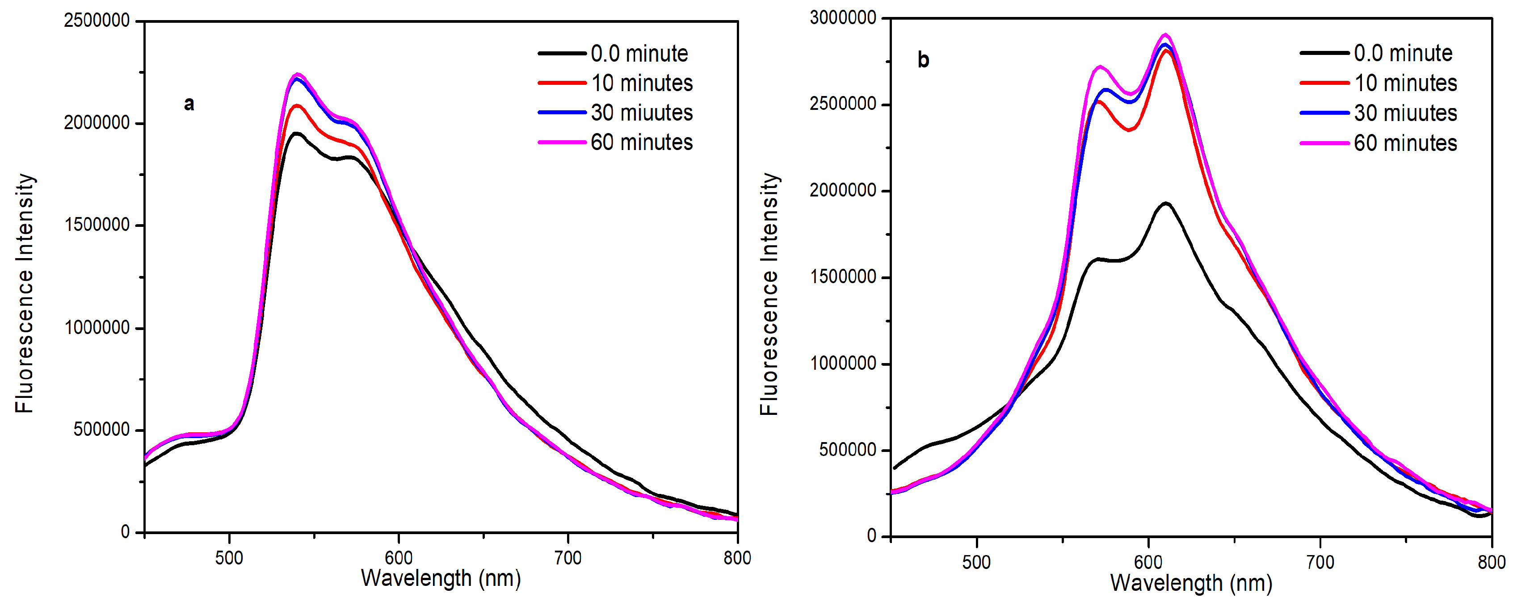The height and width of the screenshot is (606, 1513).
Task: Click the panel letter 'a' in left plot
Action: pos(189,104)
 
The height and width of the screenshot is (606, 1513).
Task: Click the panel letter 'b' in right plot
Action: pos(923,60)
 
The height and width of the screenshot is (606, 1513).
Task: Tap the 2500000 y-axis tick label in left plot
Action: pos(97,21)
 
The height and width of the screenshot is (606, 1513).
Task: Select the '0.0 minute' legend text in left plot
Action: pos(639,54)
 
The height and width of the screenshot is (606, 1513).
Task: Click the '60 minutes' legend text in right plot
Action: pos(1405,143)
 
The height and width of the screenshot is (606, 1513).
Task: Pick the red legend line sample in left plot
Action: pos(562,83)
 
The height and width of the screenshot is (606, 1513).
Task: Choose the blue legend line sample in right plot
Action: pos(1324,113)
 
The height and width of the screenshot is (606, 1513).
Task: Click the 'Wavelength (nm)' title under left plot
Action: pos(441,578)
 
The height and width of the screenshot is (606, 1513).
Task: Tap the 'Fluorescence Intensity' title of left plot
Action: pos(25,293)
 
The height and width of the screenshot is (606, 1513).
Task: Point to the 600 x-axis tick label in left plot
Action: pos(399,557)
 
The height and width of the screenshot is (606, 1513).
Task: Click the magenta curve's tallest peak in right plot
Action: pos(1165,35)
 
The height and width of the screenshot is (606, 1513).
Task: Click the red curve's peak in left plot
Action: pos(297,106)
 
